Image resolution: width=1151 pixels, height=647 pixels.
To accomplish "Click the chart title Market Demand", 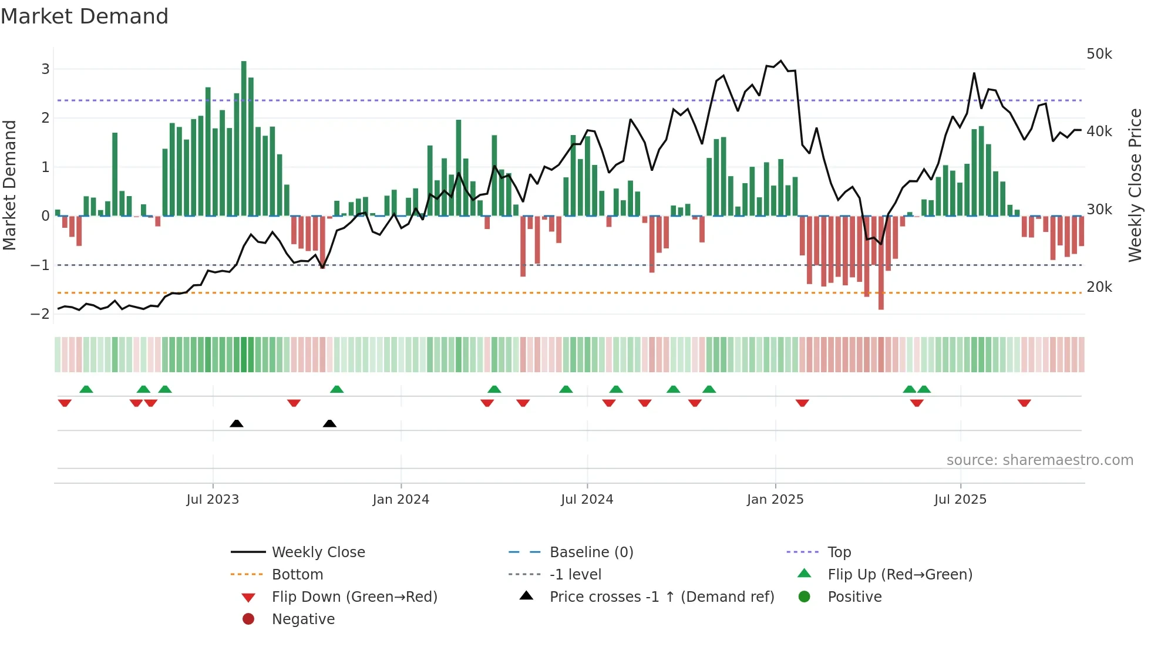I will tap(85, 16).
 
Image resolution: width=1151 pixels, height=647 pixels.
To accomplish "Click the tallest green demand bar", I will tap(244, 138).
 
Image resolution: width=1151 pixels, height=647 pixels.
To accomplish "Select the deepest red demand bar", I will tap(881, 262).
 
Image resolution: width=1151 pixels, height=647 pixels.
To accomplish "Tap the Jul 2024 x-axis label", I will tap(587, 499).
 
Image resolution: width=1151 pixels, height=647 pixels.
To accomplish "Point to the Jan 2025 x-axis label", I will tap(775, 499).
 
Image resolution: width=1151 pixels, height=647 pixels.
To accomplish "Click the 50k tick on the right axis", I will tap(1099, 54).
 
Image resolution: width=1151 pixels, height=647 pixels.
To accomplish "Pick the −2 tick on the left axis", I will tap(41, 314).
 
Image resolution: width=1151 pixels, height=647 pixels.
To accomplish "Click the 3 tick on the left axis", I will tap(45, 69).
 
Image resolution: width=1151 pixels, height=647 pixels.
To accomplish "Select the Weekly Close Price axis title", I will tap(1135, 185).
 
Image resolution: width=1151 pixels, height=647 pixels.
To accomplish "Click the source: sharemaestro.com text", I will tap(1039, 460).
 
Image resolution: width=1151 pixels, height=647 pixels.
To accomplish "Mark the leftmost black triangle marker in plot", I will tap(237, 423).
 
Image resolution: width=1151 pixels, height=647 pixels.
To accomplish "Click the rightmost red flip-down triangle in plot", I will tap(1024, 403).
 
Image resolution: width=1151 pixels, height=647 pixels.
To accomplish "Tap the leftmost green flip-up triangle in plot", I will tap(86, 389).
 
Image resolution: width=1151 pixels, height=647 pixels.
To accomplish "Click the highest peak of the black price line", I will tap(780, 60).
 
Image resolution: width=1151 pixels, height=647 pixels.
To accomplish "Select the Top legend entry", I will tap(839, 552).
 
